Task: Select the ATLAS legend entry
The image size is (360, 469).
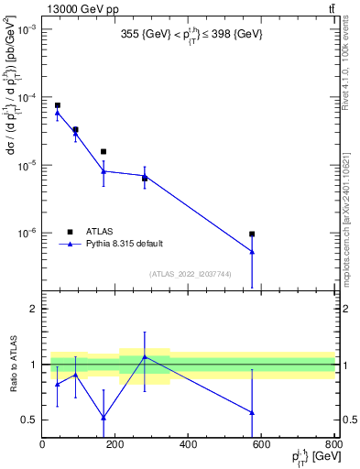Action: point(99,231)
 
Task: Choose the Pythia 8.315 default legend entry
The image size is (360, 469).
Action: point(124,244)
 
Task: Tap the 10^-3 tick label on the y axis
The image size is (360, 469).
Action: point(26,30)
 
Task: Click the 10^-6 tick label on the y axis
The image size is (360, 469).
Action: point(26,233)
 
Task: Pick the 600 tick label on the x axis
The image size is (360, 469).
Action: point(261,446)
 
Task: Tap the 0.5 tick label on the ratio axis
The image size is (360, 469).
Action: point(28,420)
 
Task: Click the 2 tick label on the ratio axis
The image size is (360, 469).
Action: point(33,309)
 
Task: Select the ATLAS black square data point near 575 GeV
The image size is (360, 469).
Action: point(252,234)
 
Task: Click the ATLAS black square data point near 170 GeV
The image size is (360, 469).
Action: point(104,151)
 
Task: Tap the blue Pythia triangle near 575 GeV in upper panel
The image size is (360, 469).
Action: point(252,251)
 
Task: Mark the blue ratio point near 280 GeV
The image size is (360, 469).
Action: point(145,356)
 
